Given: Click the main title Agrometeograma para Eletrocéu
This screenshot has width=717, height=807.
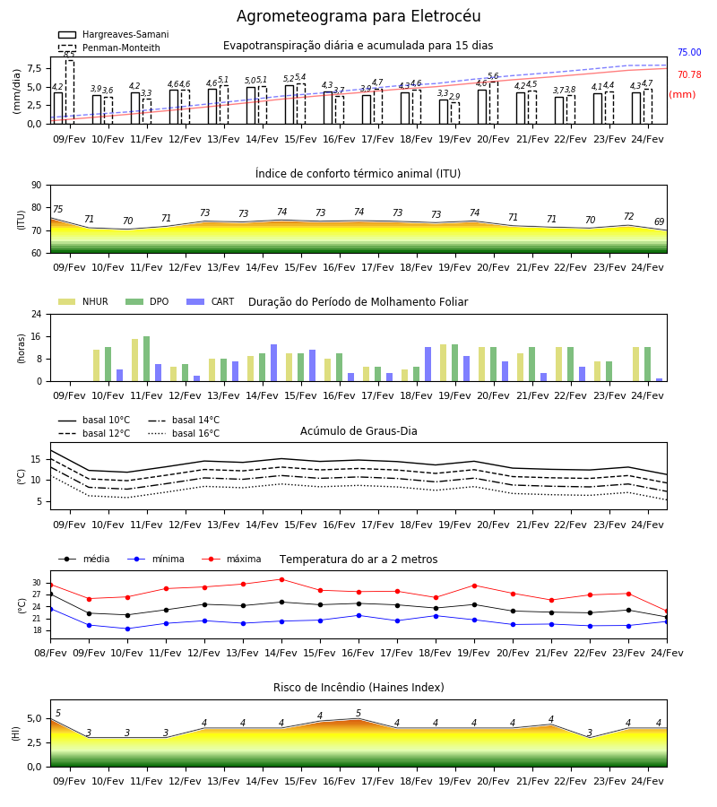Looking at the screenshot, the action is (358, 16).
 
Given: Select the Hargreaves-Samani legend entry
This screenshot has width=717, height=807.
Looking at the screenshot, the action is (114, 34).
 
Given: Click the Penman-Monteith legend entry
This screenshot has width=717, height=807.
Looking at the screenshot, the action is (109, 48).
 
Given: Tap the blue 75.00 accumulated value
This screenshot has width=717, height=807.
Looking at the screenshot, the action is (689, 53).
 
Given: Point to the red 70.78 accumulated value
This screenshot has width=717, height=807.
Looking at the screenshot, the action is (689, 75).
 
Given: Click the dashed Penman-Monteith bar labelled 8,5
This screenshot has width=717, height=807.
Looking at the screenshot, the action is (69, 92).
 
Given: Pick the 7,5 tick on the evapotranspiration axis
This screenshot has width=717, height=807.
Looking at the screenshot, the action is (35, 68).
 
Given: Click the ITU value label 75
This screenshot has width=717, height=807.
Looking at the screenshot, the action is (57, 209).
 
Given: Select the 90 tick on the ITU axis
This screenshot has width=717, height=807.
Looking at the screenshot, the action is (37, 186).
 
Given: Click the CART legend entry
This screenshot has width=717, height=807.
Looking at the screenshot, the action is (211, 301).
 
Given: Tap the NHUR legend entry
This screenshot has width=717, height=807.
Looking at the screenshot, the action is (83, 301).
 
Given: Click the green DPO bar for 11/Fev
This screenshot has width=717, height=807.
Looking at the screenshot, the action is (147, 359).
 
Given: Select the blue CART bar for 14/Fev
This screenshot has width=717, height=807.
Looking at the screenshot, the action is (273, 363).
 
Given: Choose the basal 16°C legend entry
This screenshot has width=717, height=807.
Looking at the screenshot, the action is (184, 433).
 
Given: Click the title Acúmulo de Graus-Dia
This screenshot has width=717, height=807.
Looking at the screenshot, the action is (358, 431).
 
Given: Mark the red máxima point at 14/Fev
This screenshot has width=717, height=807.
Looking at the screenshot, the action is (281, 579).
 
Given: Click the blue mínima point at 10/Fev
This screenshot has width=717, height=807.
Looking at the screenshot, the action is (127, 629).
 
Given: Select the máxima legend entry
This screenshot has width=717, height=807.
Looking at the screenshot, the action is (231, 559).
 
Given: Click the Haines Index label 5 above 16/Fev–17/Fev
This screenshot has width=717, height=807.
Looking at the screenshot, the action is (358, 714).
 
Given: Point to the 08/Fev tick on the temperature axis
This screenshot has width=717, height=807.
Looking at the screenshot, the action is (50, 653).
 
